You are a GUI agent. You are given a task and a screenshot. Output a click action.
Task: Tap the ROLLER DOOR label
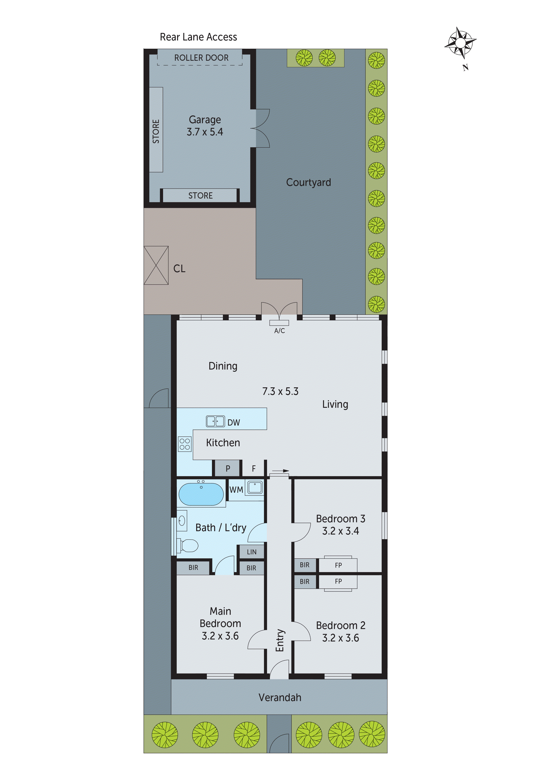tap(201, 58)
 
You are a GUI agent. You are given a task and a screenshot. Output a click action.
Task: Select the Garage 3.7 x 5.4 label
tap(205, 126)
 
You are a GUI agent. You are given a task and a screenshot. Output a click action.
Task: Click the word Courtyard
tap(308, 182)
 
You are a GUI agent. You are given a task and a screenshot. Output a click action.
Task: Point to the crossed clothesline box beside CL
tap(156, 265)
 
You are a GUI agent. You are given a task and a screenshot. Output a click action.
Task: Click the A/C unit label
tap(279, 331)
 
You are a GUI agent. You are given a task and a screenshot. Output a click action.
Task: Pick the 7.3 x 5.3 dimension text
tap(280, 391)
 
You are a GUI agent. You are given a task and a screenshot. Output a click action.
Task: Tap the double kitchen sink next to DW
tap(215, 421)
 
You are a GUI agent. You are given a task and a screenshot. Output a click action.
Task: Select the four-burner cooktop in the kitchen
tap(185, 444)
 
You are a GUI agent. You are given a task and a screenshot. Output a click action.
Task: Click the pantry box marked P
tap(228, 468)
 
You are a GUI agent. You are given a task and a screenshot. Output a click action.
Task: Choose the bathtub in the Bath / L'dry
tap(201, 494)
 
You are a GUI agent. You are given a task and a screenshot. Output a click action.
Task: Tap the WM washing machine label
tap(236, 490)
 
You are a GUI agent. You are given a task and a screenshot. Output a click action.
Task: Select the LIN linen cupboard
tap(252, 552)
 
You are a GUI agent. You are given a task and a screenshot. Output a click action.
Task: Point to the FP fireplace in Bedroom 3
tap(338, 565)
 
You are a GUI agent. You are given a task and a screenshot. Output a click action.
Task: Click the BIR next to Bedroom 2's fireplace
tap(305, 582)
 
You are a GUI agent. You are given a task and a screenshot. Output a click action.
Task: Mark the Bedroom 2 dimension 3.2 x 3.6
tap(341, 638)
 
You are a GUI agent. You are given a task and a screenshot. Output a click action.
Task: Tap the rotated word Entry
tap(279, 640)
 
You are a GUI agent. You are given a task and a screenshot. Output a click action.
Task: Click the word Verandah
tap(280, 698)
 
